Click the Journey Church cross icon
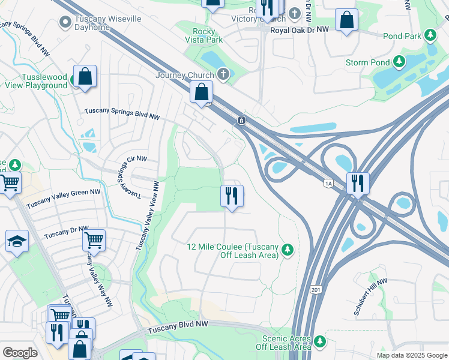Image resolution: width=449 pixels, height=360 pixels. point(223,74)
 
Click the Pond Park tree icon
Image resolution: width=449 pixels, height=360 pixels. point(430,36)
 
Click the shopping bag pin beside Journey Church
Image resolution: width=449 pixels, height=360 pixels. point(202,92)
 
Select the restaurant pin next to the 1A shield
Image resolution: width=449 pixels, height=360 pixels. point(358,182)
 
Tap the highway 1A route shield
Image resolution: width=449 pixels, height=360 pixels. point(328,183)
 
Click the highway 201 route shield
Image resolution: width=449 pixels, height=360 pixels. point(316,290)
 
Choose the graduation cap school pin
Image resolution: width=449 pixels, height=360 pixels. point(17,241)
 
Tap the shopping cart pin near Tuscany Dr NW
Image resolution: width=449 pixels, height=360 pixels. point(94,240)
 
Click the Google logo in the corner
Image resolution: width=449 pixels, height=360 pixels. point(20,352)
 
